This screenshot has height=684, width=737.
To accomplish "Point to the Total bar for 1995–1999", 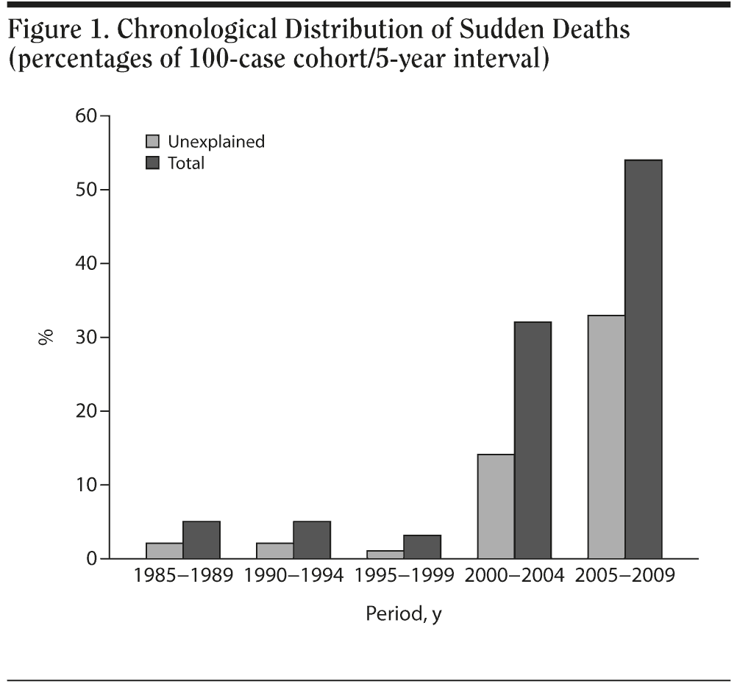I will click(x=423, y=546).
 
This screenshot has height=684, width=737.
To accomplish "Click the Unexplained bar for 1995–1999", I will click(x=386, y=554).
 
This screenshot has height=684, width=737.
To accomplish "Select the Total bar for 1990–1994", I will click(x=313, y=540).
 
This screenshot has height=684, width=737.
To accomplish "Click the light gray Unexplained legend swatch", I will click(x=153, y=141).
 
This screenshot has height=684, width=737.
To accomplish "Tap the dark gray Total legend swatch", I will click(x=153, y=163).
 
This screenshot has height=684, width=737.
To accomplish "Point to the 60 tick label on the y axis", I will click(x=87, y=116).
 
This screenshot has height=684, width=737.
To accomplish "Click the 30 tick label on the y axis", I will click(x=87, y=338).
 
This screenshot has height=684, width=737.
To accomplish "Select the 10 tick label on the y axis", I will click(x=87, y=485).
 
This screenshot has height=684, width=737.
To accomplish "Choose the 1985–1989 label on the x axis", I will click(x=183, y=576).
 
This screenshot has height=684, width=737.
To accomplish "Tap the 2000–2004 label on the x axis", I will click(x=514, y=576).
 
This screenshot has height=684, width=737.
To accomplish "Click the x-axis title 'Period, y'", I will click(x=404, y=613).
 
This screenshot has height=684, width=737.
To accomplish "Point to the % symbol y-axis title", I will click(x=46, y=338).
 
